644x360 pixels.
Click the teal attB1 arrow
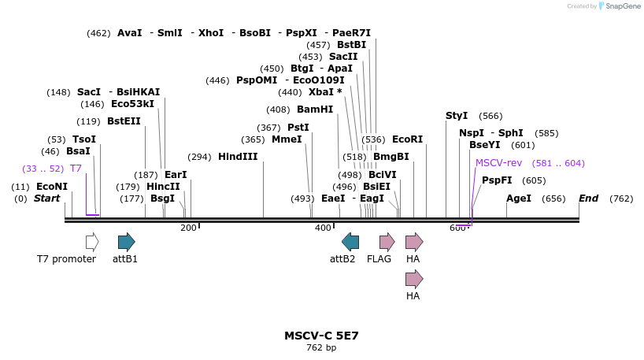(127, 242)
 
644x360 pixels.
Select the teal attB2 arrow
(350, 242)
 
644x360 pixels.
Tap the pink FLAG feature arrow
(387, 242)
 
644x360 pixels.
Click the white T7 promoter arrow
(92, 242)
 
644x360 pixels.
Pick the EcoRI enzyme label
(407, 139)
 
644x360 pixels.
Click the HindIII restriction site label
(238, 157)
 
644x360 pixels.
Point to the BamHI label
(315, 109)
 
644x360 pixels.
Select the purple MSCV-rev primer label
(498, 163)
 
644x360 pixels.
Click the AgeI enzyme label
(519, 199)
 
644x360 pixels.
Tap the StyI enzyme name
(457, 116)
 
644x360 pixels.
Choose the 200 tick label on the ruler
(188, 228)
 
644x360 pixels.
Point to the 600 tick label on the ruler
(457, 228)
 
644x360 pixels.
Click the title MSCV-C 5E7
(321, 336)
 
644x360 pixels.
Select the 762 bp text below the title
(321, 348)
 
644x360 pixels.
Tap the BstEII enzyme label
(124, 121)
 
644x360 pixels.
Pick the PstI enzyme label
(298, 128)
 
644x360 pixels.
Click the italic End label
(588, 199)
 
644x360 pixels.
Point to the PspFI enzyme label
(497, 180)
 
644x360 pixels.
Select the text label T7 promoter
(66, 259)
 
